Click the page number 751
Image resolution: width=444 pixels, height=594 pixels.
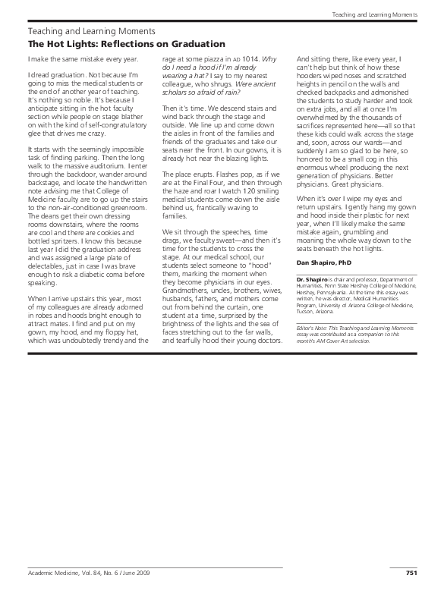(411, 573)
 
